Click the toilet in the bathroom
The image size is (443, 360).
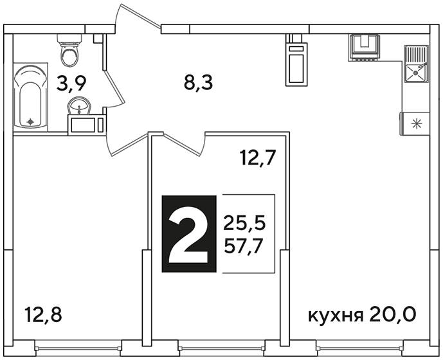click(69, 50)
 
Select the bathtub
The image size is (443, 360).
click(30, 97)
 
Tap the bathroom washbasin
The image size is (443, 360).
click(79, 105)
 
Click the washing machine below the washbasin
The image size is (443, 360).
click(86, 124)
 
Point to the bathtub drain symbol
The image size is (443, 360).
click(30, 122)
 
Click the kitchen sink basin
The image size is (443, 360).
click(415, 73)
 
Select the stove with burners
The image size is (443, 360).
click(363, 48)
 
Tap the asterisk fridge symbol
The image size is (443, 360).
click(415, 124)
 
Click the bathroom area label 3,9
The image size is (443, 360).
click(71, 84)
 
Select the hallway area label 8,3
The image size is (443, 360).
click(198, 82)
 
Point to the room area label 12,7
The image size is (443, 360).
click(257, 157)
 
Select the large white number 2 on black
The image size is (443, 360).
click(189, 234)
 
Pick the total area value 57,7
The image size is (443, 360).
click(242, 247)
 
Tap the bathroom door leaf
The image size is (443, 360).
click(114, 87)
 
